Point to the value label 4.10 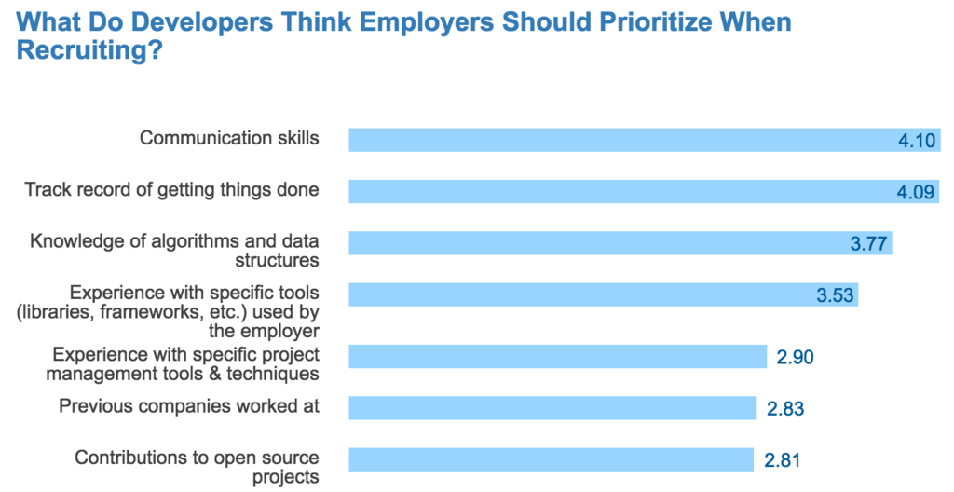tap(917, 141)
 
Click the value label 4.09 tap(917, 192)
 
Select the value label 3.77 tap(869, 244)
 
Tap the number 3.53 tap(836, 296)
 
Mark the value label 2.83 tap(784, 408)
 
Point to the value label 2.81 tap(783, 460)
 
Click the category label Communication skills tap(229, 138)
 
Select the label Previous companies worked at tap(189, 406)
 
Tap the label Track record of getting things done tap(171, 190)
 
